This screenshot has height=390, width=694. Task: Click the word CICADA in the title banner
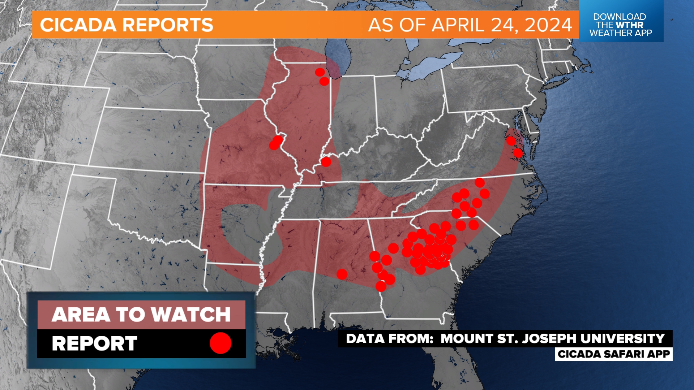click(x=78, y=25)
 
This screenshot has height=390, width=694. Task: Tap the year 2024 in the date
click(x=548, y=25)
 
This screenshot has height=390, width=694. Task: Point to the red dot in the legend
click(x=220, y=343)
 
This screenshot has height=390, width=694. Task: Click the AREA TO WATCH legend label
click(x=141, y=315)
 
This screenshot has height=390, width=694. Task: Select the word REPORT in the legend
click(x=95, y=343)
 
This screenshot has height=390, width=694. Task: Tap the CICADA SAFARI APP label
click(x=614, y=354)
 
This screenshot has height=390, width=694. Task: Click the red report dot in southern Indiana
click(x=326, y=162)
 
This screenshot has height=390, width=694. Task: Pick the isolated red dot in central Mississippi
click(x=342, y=274)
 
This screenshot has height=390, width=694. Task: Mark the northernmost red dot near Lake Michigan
click(x=320, y=72)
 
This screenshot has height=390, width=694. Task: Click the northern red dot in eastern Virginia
click(x=510, y=140)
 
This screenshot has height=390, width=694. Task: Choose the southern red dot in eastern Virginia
click(x=518, y=153)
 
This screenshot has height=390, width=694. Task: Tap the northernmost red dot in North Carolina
click(x=480, y=182)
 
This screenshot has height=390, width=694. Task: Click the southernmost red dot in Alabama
click(x=381, y=286)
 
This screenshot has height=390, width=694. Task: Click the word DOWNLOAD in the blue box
click(x=620, y=17)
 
